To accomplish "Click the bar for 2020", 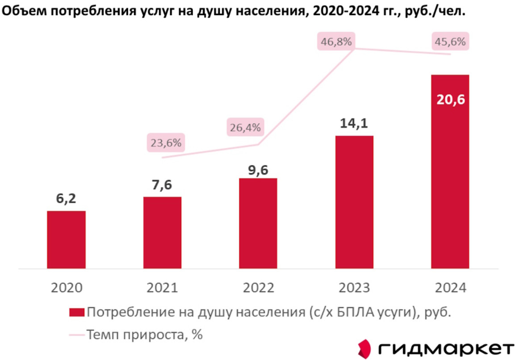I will tap(66, 240).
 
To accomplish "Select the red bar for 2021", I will tap(162, 233).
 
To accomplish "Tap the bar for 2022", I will tap(258, 223).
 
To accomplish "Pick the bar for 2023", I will tap(354, 202).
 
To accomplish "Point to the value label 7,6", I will tap(162, 184).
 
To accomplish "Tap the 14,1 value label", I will tap(354, 123).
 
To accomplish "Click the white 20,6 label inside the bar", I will tap(450, 99).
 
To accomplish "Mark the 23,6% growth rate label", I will tap(166, 143).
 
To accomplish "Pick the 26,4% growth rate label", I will tap(245, 128).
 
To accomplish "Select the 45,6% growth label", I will tap(450, 42).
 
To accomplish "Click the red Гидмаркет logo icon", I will tap(365, 348).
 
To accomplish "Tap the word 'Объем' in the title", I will tap(21, 12).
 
